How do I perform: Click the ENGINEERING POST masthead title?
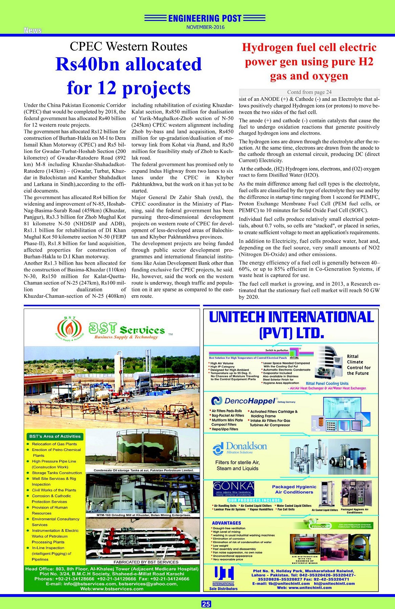point(205,18)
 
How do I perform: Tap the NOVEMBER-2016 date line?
point(205,27)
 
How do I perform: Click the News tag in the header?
point(32,30)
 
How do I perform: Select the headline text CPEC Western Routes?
point(128,46)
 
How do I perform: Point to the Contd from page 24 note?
point(309,92)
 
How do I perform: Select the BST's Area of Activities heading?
point(55,436)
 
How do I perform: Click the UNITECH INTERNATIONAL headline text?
point(291,317)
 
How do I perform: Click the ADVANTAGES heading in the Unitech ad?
point(226,523)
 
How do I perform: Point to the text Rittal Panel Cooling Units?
point(327,383)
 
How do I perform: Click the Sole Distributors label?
point(223,589)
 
